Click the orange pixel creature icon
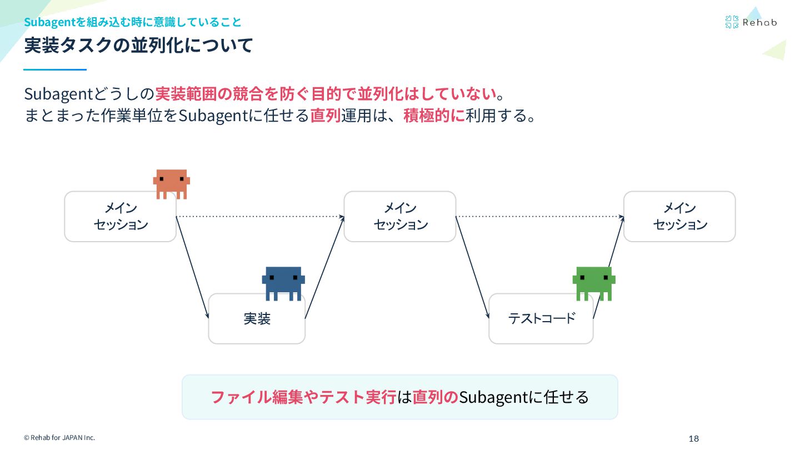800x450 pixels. tap(172, 183)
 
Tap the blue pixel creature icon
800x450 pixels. tap(283, 282)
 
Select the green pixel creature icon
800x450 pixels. tap(594, 282)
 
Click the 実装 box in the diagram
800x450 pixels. tap(257, 319)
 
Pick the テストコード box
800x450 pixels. tap(541, 319)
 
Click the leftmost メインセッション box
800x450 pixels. tap(120, 217)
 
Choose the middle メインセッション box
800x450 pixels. tap(400, 217)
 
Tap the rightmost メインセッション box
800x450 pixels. tap(679, 217)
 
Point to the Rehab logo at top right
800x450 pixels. tap(751, 22)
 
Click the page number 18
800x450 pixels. tap(693, 439)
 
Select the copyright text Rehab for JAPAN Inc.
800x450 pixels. tap(59, 438)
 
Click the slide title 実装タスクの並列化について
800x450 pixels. tap(138, 46)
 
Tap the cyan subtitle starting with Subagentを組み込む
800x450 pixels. tap(133, 22)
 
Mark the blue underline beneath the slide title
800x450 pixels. tap(55, 69)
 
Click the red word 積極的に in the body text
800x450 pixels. tap(434, 116)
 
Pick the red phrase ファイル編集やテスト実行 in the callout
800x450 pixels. tap(303, 397)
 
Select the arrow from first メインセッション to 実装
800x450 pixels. tap(192, 267)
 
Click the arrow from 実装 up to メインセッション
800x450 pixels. tap(324, 267)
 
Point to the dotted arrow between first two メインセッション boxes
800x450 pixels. tap(260, 216)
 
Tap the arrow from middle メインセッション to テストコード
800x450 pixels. tap(472, 267)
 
